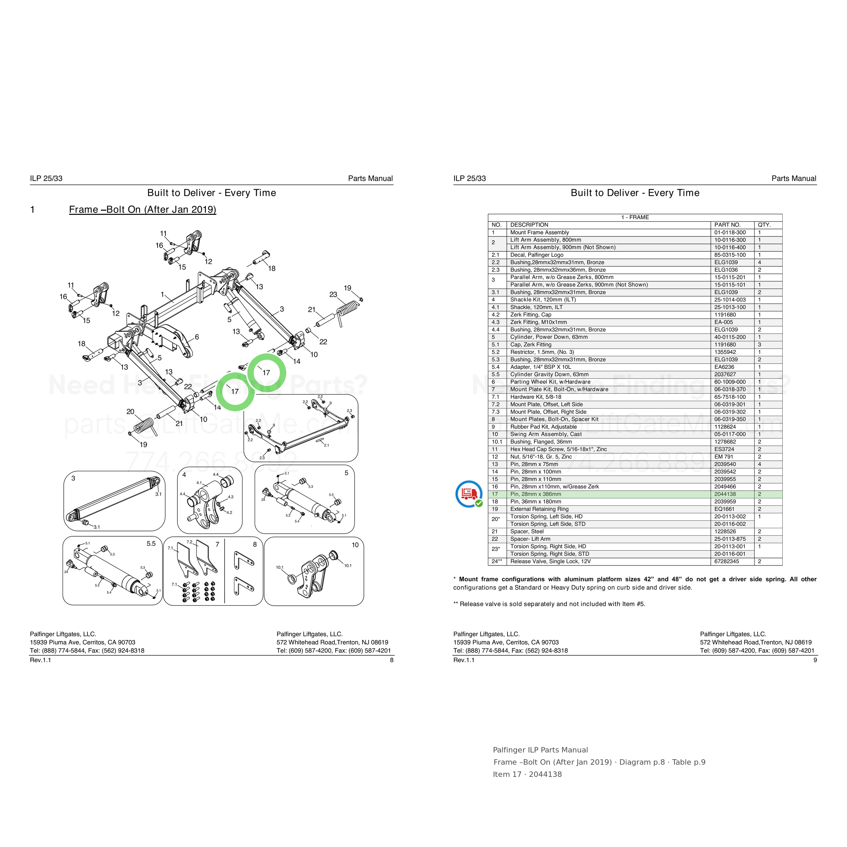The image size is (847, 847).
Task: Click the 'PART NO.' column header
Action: tap(727, 225)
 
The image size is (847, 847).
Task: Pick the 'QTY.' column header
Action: tap(764, 225)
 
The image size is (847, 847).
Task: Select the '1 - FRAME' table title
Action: tap(635, 218)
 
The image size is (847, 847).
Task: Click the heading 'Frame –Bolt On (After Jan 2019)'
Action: tap(143, 210)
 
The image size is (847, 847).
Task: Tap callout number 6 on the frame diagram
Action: tap(197, 337)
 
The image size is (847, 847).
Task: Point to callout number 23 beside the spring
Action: tap(333, 295)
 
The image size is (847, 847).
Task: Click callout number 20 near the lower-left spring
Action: tap(130, 412)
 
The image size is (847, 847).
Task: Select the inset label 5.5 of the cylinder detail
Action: tap(151, 544)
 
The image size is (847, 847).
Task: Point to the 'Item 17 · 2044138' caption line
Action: tap(527, 774)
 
